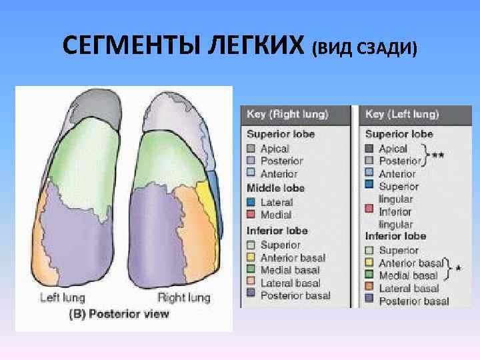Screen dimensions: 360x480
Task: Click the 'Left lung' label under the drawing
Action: (61, 297)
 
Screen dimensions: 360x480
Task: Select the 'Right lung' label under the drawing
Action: (183, 297)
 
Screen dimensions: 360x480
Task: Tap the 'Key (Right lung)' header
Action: (287, 115)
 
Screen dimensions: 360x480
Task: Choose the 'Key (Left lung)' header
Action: (401, 115)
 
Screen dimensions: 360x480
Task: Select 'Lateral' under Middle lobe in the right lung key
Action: (275, 201)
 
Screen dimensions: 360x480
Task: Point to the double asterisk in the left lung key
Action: (438, 155)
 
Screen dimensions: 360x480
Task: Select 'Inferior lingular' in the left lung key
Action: (396, 218)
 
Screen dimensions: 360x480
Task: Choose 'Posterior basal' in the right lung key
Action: (295, 295)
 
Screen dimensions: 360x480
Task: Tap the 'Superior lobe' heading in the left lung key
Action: (399, 134)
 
